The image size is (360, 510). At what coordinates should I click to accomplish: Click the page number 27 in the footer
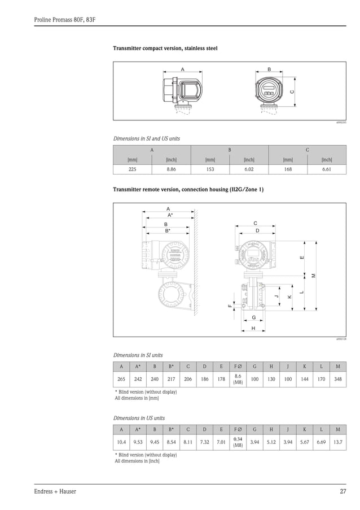click(343, 491)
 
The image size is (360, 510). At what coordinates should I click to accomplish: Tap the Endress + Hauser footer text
click(55, 491)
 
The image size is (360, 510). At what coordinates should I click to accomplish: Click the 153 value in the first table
click(210, 169)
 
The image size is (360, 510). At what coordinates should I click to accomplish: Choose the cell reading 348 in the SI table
click(338, 380)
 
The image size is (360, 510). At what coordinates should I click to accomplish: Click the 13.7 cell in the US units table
click(338, 442)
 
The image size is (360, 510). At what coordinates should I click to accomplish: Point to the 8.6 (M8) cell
click(238, 380)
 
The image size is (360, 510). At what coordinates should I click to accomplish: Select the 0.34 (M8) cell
click(238, 442)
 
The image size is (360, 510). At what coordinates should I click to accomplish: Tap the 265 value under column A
click(121, 380)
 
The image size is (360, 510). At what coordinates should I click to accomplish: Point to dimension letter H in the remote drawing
click(253, 328)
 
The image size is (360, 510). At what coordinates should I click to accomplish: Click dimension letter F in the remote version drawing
click(230, 306)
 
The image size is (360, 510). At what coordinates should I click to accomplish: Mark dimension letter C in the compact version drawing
click(291, 91)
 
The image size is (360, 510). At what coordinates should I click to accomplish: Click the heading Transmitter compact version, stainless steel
click(165, 49)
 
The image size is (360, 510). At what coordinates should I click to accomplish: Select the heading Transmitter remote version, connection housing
click(188, 189)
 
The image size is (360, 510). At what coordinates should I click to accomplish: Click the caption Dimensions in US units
click(139, 418)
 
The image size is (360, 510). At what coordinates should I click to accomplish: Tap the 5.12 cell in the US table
click(271, 442)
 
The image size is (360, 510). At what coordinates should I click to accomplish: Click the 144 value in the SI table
click(305, 380)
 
